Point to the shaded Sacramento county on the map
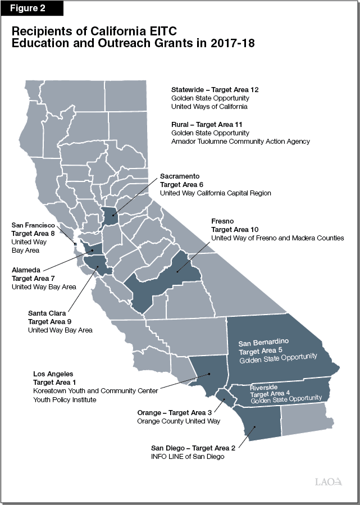pos(110,215)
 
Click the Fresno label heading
pos(223,221)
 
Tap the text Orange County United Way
pos(179,421)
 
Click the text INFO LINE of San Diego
pos(187,456)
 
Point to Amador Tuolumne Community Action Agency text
pos(240,142)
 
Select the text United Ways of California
pos(209,107)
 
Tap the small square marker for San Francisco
pos(76,244)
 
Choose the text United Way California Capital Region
pos(216,193)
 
